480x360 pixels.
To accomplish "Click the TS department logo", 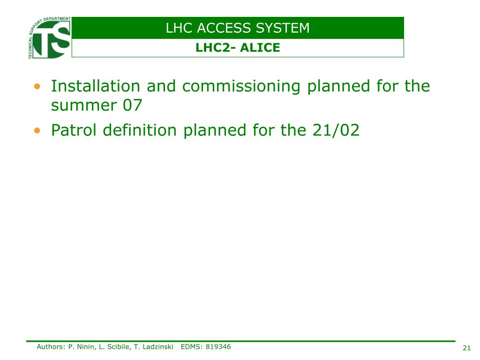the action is (x=50, y=37).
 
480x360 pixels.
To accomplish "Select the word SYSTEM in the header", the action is (x=283, y=28).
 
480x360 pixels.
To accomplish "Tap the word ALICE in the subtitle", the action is (x=260, y=48).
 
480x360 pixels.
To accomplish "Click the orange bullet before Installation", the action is (x=37, y=86).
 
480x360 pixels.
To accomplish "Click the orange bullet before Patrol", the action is (x=37, y=131).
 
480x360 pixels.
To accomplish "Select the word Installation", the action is (x=96, y=86).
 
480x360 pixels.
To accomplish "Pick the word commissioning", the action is (x=241, y=87).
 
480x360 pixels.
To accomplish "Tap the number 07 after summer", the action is (x=133, y=105).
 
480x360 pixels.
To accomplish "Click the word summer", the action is (x=84, y=106).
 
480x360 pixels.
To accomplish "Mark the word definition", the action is (x=140, y=130).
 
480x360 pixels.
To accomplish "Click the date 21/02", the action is (x=336, y=130).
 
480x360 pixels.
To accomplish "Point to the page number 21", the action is (x=466, y=348).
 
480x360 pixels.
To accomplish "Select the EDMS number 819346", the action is (x=218, y=347).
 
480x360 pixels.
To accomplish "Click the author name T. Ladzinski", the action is (x=154, y=347).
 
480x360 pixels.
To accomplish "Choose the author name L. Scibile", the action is (x=115, y=347).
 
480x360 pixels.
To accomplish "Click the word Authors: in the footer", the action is (x=51, y=347).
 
